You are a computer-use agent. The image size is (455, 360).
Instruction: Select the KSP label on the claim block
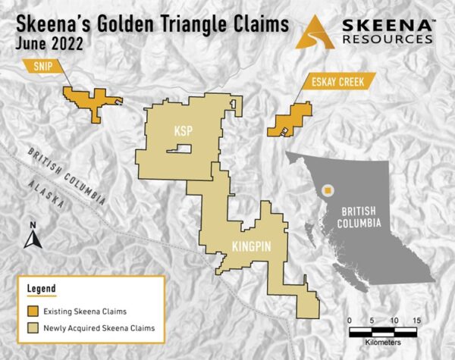click(x=183, y=130)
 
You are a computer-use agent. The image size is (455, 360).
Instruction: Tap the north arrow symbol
click(x=32, y=236)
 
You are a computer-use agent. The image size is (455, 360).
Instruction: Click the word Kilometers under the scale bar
click(x=383, y=343)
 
